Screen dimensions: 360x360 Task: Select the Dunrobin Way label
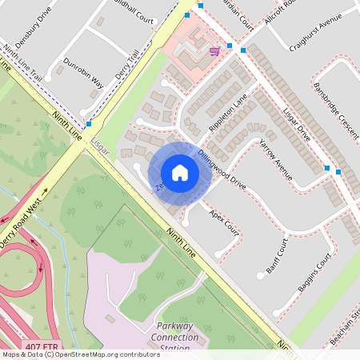click(x=84, y=70)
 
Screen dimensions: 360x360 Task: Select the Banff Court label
click(x=277, y=256)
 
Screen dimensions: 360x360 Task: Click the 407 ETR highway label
click(x=39, y=346)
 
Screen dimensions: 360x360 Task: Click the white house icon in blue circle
click(x=180, y=172)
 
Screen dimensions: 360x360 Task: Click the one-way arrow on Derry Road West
click(x=46, y=193)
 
